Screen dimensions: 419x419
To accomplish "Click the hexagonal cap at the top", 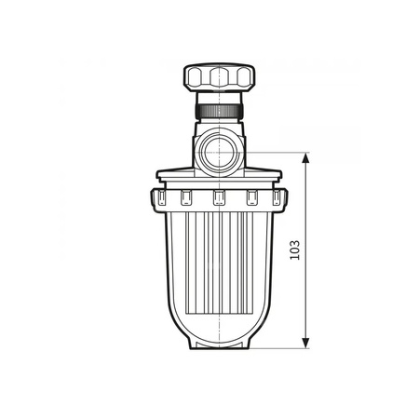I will (x=219, y=77).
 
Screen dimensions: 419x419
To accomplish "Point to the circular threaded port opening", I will (x=219, y=152).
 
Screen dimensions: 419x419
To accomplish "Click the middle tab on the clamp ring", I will (x=219, y=197).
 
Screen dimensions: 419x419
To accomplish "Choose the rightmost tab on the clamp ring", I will (x=278, y=197).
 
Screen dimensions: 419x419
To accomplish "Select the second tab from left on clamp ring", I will (x=184, y=197).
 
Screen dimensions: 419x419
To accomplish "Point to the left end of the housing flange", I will (x=160, y=174).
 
